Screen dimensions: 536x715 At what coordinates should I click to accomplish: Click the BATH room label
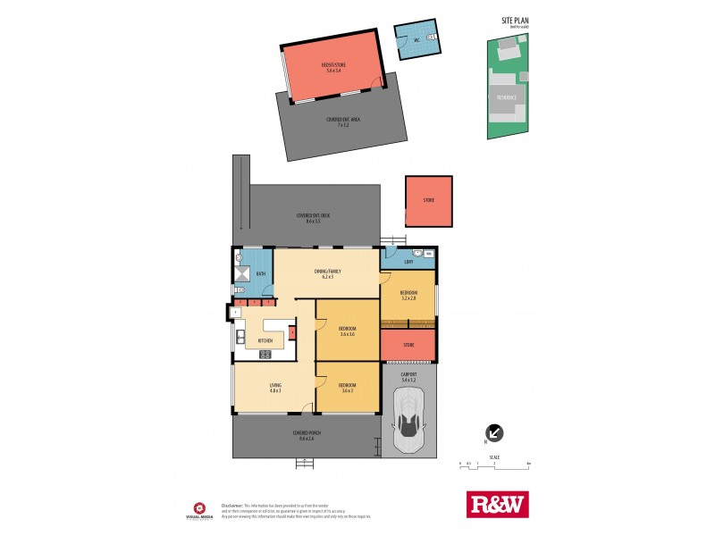point(261,273)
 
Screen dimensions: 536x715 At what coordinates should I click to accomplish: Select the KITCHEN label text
point(265,340)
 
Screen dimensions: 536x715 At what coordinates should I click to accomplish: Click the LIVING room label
point(275,386)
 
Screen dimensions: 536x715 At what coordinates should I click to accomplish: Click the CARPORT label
point(409,374)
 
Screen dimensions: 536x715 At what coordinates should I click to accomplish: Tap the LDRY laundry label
point(408,261)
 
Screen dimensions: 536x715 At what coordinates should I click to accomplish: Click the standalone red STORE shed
point(428,200)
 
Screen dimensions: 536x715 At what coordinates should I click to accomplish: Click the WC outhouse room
point(417,40)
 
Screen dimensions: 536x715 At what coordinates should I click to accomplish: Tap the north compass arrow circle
point(494,433)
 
